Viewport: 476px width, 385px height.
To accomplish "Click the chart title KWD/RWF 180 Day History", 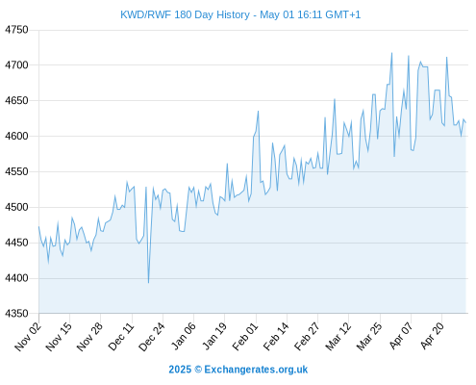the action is click(185, 14).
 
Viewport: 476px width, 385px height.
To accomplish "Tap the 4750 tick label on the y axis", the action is click(16, 30).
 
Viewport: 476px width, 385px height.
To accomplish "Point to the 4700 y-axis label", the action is click(16, 65).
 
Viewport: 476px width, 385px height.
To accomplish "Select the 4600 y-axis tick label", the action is click(16, 136).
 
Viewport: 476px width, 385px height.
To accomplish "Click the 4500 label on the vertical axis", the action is click(16, 207).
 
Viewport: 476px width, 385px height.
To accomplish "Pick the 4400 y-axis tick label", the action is click(16, 278).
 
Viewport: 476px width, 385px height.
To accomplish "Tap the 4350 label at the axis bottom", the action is click(16, 313).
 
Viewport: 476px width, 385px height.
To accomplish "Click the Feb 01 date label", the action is click(245, 336).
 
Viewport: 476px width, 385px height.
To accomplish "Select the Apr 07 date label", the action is click(401, 336).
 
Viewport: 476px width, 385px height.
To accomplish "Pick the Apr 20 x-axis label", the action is click(432, 336).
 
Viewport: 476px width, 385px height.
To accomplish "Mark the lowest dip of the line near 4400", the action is click(148, 283).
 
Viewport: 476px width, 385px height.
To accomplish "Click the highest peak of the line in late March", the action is click(391, 53).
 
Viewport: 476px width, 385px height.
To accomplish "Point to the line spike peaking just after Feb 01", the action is click(258, 112).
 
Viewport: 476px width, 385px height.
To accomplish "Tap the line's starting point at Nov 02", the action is click(39, 226).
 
